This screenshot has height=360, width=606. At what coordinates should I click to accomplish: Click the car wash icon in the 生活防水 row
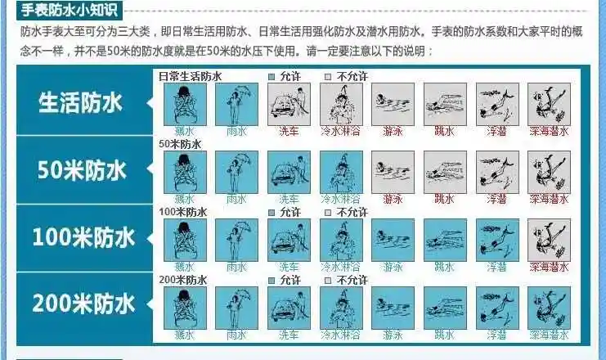coord(289,104)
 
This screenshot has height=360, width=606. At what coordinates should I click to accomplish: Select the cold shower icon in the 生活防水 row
coord(341,104)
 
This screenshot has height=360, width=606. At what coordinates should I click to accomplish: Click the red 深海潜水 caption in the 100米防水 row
coord(549,267)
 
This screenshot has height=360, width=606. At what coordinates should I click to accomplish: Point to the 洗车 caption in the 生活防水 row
coord(289,131)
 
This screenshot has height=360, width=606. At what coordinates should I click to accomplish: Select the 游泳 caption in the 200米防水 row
coord(393,335)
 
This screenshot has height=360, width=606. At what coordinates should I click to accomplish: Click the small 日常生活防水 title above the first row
coord(191,76)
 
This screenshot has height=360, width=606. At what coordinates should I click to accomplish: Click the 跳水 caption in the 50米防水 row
coord(445,199)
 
